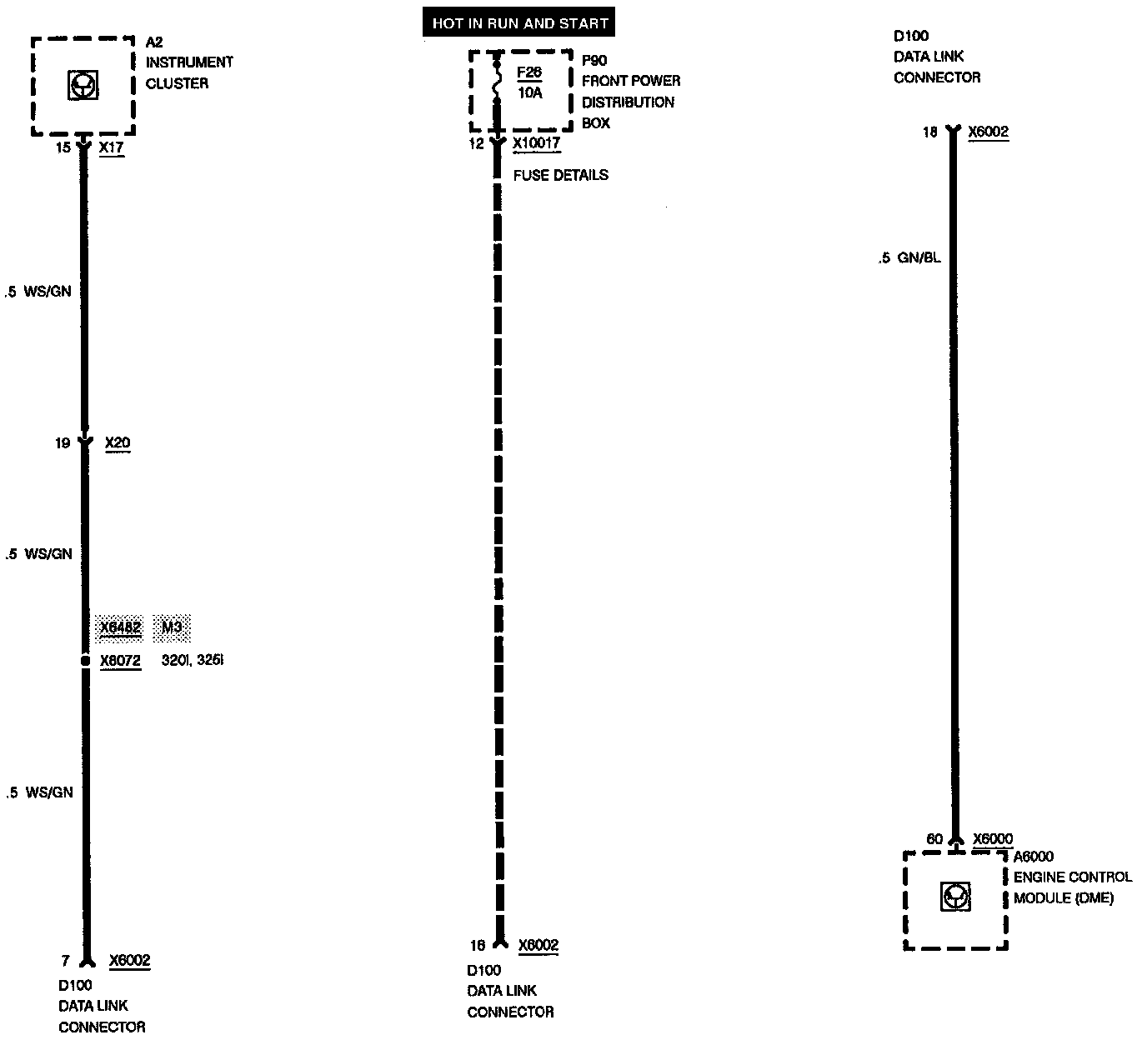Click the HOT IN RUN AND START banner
tap(519, 23)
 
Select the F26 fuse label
tap(529, 72)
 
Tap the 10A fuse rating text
tap(529, 92)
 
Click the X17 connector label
tap(111, 147)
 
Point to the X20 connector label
tap(118, 442)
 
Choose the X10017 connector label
tap(536, 143)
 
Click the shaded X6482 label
tap(120, 627)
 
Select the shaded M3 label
tap(172, 627)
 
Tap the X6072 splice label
tap(120, 662)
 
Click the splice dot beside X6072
tap(84, 661)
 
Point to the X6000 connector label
tap(993, 839)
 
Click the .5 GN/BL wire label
tap(909, 258)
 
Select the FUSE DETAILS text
tap(561, 175)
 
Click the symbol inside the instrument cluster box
tap(83, 84)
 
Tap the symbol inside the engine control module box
tap(955, 897)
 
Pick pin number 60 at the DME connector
tap(934, 839)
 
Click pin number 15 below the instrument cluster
tap(63, 147)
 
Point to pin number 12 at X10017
tap(476, 143)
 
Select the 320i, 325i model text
tap(193, 661)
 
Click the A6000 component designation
tap(1034, 856)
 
